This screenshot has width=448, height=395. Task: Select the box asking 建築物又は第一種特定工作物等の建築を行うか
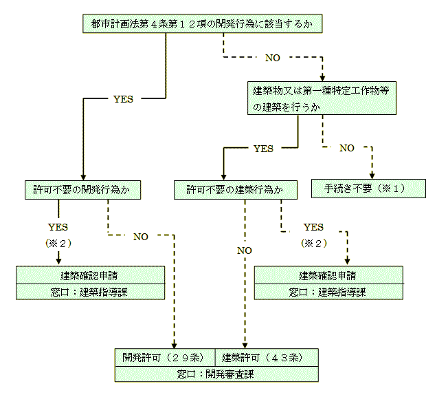322,98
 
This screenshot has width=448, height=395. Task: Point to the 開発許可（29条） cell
165,357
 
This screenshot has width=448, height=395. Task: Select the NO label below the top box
273,58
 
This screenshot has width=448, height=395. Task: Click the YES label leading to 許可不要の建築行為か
263,148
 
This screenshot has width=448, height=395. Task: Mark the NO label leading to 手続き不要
347,148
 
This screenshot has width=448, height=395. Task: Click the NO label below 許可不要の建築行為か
244,250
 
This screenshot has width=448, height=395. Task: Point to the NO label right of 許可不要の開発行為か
140,237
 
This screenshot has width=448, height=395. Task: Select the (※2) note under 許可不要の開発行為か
58,243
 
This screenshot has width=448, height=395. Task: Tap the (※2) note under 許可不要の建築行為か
313,243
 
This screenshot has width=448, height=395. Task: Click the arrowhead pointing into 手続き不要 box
372,175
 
